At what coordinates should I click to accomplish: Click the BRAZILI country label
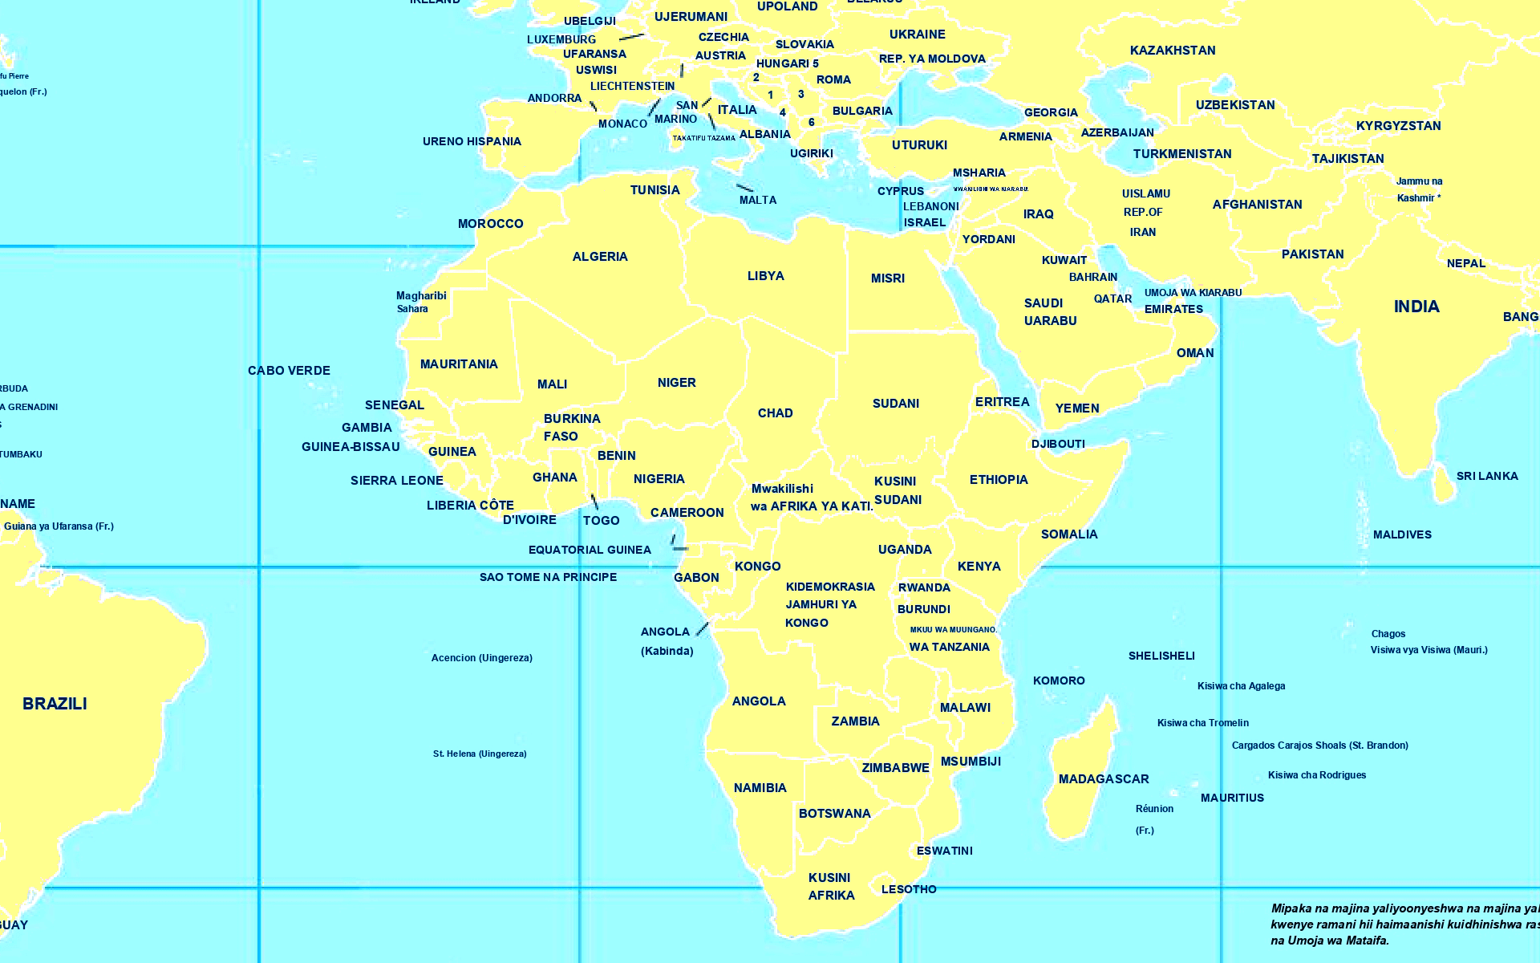pos(55,704)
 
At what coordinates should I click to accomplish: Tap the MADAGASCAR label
pos(1104,779)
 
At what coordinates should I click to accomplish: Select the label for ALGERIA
pos(600,257)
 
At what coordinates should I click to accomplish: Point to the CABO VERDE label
pos(289,371)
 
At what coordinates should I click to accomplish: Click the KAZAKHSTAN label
pos(1173,51)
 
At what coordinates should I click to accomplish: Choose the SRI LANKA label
pos(1487,476)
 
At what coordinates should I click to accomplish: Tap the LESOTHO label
pos(909,889)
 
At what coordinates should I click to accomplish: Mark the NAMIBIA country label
pos(760,788)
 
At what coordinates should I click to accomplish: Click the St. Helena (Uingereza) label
pos(480,754)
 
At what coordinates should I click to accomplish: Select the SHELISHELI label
pos(1161,656)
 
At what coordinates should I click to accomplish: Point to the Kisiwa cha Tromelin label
pos(1202,723)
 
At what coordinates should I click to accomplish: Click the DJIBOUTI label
pos(1058,444)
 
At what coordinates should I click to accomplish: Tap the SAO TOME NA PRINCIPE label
pos(548,577)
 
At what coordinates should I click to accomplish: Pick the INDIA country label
pos(1416,307)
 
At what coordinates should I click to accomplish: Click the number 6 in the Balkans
pos(812,123)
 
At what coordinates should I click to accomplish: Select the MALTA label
pos(758,200)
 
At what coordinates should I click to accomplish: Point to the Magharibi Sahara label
pos(420,302)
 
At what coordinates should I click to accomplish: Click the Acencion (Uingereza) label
pos(481,658)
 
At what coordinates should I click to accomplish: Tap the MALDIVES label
pos(1402,534)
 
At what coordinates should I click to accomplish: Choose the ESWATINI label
pos(944,851)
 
